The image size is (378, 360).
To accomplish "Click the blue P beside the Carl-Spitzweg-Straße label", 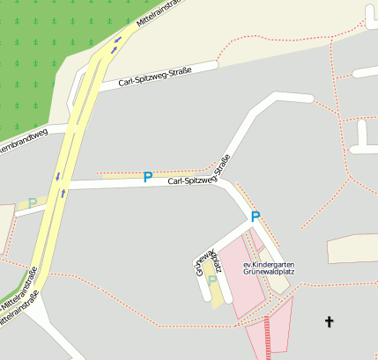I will (147, 177).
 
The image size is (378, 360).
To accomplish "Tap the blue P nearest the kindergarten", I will (256, 216).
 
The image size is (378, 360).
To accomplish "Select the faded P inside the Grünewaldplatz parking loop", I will (211, 281).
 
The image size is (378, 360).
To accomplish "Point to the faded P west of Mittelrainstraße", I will (33, 203).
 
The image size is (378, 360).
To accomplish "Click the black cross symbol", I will (330, 322).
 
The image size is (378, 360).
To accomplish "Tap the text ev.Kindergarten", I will (269, 264).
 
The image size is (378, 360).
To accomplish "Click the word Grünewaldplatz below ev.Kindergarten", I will (269, 273).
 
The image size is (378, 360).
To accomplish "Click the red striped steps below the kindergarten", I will (268, 338).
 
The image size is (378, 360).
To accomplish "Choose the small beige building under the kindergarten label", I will (280, 283).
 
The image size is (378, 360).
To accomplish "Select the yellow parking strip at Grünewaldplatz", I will (216, 290).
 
